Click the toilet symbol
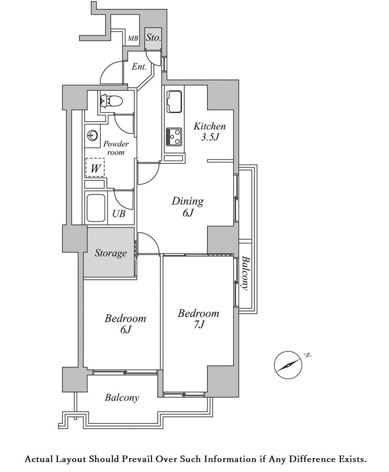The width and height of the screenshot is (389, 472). coord(111,101)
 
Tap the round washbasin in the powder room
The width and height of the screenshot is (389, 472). coord(92,135)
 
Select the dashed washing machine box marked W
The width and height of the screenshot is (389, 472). coord(95,168)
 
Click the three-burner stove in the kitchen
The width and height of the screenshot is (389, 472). coord(174,136)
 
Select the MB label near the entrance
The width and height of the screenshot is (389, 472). coord(133,38)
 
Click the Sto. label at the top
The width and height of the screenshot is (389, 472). coord(153,38)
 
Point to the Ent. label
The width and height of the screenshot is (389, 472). coord(139,67)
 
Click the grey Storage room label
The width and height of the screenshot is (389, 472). coord(111,253)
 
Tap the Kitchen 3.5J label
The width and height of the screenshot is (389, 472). coord(209,131)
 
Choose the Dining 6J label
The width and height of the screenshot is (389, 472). coord(187,206)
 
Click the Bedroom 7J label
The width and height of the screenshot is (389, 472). coord(199,319)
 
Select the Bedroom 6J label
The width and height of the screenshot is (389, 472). coord(125,323)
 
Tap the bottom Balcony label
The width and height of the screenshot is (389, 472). coord(122,397)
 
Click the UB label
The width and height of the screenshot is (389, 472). coord(119,213)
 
